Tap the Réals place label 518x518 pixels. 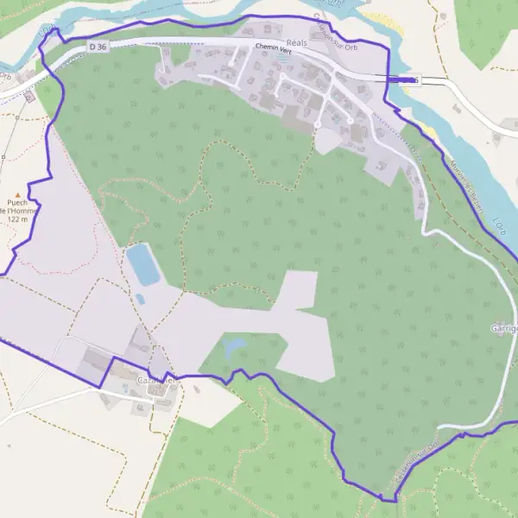(285, 41)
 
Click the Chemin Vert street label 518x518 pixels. (274, 51)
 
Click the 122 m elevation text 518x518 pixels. (17, 219)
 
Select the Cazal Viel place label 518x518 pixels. (156, 379)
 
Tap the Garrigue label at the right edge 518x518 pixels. (504, 329)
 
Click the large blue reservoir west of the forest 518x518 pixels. (143, 264)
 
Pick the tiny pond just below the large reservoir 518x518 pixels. (140, 299)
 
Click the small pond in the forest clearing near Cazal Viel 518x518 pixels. (234, 347)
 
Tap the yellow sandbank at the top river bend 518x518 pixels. (381, 20)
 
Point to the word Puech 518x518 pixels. (15, 203)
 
